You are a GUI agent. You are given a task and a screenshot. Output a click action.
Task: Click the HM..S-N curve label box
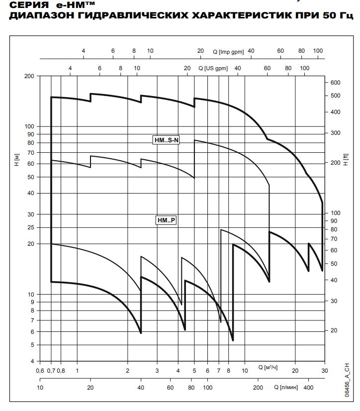[x=167, y=140]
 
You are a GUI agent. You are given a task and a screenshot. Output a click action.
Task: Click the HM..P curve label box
[x=166, y=219]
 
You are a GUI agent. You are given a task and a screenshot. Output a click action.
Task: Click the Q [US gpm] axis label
[x=213, y=68]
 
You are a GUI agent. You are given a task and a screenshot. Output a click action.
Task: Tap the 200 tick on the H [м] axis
[x=29, y=76]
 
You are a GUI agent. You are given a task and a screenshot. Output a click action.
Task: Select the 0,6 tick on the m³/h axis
[x=40, y=371]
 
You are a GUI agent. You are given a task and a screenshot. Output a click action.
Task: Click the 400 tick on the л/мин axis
[x=308, y=388]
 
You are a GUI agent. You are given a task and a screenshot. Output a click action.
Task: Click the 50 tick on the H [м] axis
[x=31, y=177]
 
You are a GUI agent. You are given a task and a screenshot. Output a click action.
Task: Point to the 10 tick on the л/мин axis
[x=40, y=388]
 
